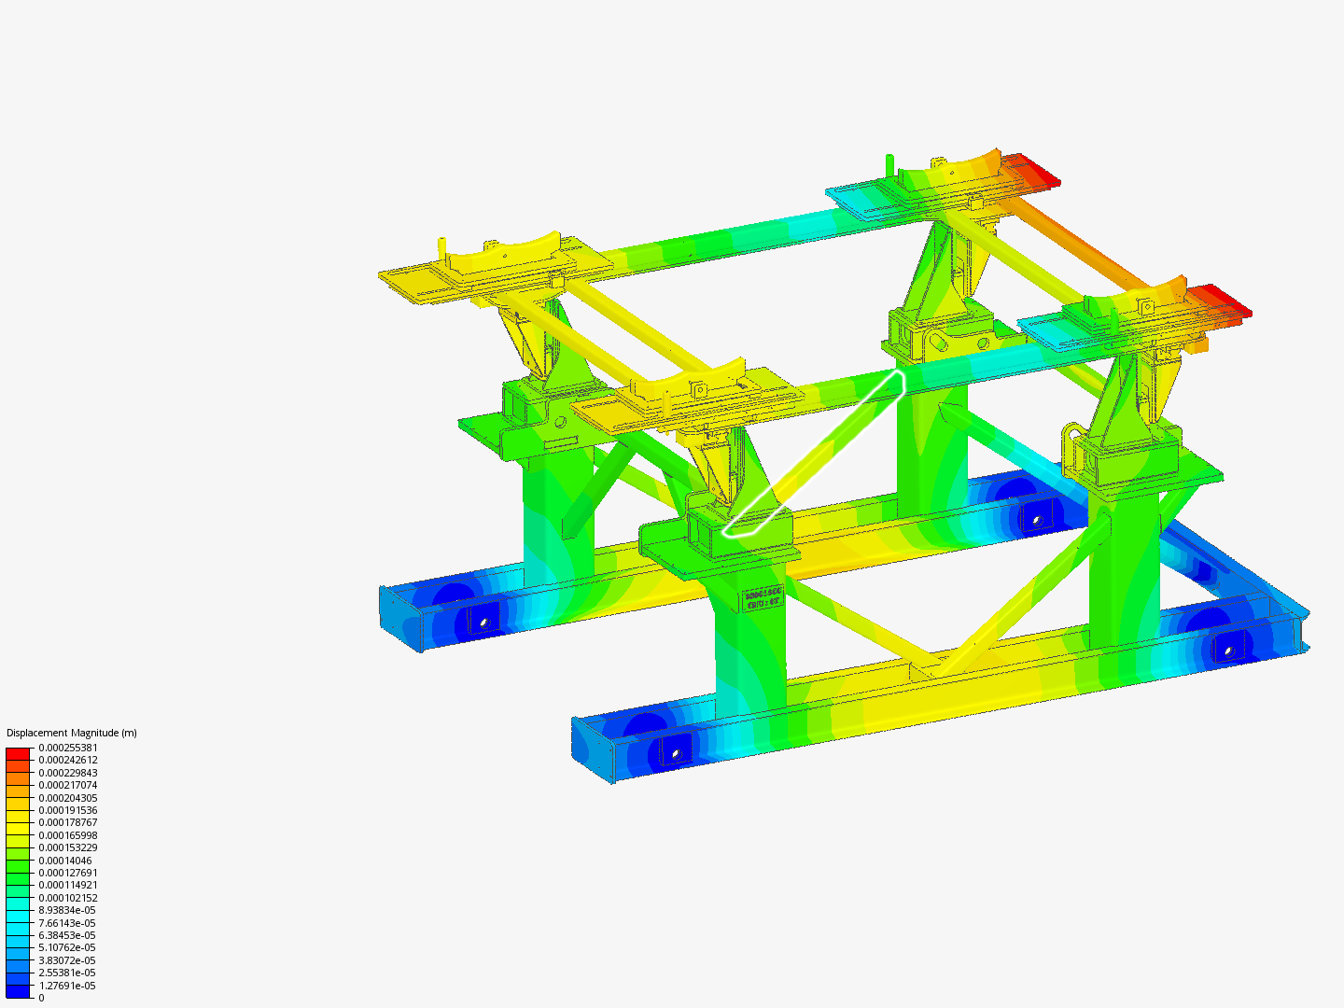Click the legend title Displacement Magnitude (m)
71,733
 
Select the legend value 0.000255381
67,748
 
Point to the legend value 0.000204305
67,798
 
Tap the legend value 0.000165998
67,835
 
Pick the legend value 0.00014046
64,861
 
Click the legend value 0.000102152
67,898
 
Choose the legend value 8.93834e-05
66,910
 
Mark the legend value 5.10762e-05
66,947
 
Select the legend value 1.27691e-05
66,986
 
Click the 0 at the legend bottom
41,998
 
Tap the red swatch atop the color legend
18,752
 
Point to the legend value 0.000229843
67,773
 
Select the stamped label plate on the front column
762,598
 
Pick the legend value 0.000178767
67,822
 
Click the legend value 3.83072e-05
66,960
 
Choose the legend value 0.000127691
67,873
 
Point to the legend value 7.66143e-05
66,923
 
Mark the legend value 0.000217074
67,785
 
